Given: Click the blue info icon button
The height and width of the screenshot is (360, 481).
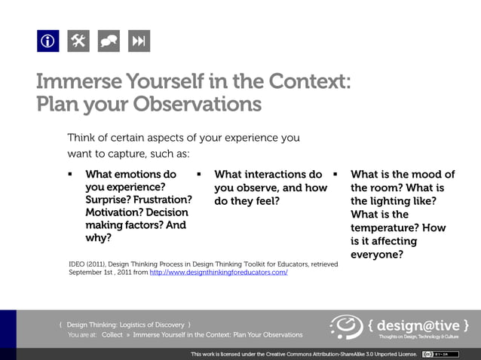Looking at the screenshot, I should point(47,41).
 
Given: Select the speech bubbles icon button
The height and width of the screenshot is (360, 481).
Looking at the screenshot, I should point(109,41).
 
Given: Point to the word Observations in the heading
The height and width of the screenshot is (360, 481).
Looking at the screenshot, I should point(198,103).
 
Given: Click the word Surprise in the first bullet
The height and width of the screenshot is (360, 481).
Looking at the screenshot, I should point(109,200).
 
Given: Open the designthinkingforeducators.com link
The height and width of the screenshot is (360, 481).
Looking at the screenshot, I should point(219,273).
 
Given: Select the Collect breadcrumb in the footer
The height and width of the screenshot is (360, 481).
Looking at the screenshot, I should point(112,334).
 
